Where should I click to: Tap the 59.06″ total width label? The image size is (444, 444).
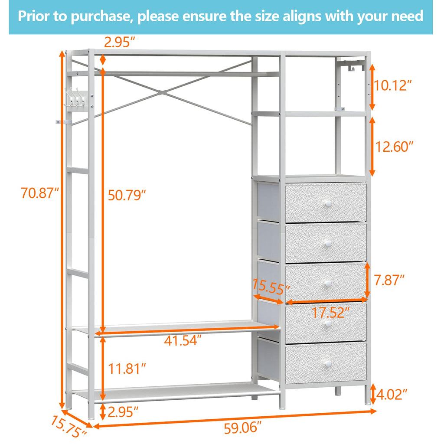click(x=243, y=428)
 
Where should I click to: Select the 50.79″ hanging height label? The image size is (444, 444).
click(x=126, y=196)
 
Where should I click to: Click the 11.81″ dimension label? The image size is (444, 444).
click(x=126, y=369)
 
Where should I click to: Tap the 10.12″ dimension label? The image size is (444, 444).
click(x=392, y=85)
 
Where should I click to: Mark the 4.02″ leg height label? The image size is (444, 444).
click(x=392, y=395)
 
